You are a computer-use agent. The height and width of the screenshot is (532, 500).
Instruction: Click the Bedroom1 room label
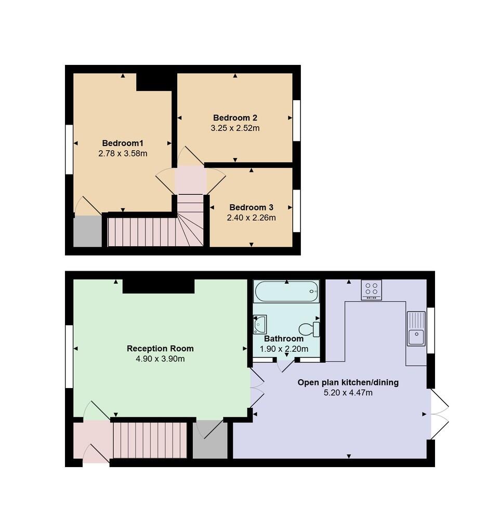122,143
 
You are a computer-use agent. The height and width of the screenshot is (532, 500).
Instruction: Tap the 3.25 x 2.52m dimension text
235,128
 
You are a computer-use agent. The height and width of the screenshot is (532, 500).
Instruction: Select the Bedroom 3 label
251,207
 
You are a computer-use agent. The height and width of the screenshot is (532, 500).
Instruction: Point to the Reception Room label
160,349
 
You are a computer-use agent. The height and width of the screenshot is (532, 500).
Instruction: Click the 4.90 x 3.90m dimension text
160,359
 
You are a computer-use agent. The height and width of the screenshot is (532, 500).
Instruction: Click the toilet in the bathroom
308,329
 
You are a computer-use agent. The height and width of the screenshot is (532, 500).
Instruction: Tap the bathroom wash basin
260,325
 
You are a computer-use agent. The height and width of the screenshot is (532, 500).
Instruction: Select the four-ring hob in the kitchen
372,289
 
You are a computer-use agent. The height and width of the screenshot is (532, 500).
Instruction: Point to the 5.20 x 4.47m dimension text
348,393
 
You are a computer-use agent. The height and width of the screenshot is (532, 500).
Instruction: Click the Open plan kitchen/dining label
348,382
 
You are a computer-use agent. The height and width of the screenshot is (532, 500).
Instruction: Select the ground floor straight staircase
150,440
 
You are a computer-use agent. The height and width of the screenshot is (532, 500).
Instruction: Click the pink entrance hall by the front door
91,440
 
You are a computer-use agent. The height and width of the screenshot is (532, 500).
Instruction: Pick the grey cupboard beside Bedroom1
87,232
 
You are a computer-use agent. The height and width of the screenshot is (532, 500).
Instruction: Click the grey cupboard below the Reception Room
210,440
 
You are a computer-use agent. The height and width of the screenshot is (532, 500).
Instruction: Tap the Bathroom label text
284,339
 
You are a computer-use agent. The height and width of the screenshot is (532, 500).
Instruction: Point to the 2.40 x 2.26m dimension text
251,218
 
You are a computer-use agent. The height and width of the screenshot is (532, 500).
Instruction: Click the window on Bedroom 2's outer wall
297,120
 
